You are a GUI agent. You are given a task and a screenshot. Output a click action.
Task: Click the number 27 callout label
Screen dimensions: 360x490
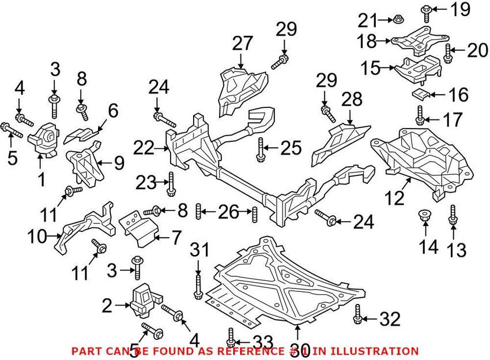[243, 43]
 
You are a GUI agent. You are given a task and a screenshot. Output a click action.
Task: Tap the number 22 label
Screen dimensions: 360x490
[144, 149]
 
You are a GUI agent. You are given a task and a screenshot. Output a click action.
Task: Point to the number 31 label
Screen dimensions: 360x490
[199, 249]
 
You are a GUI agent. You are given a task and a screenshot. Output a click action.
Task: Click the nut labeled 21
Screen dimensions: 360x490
[397, 21]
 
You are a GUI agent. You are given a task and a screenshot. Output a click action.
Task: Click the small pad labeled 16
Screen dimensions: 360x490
[420, 93]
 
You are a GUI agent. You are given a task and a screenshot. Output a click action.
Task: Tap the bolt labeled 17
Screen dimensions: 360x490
[420, 115]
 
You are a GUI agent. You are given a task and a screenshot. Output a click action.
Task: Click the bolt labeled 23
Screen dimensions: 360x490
[170, 183]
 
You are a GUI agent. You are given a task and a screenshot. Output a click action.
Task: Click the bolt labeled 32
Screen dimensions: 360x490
[358, 313]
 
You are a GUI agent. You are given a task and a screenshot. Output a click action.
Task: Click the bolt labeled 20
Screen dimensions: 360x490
[447, 53]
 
